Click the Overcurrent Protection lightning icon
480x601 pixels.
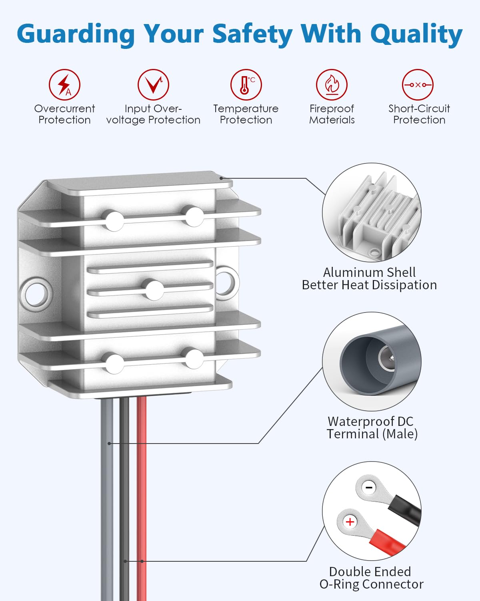[64, 85]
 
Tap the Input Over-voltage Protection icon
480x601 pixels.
[153, 85]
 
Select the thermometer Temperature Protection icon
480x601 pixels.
[246, 85]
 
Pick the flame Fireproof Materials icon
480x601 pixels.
[332, 85]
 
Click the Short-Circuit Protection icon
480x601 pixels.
[418, 85]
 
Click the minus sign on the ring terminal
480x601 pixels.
[369, 488]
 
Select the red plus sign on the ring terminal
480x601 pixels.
[350, 522]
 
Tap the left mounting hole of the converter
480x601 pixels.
[34, 294]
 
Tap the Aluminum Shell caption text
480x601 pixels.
[369, 272]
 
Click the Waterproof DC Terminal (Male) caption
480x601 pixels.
[372, 428]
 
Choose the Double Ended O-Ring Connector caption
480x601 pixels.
[371, 578]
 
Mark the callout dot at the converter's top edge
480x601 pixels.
[221, 178]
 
